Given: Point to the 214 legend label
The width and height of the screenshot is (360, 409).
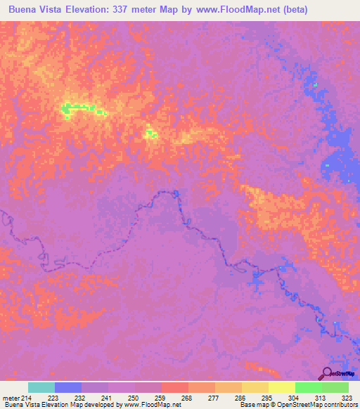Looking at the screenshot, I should [28, 397].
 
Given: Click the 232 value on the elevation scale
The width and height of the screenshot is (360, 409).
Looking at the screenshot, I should [81, 397].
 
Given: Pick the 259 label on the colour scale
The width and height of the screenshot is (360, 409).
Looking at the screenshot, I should [160, 397].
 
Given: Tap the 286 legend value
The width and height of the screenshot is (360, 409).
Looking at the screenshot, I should [241, 397].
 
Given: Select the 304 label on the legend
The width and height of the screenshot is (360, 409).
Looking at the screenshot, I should [295, 397].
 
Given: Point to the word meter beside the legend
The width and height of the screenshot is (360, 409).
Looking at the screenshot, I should [11, 397].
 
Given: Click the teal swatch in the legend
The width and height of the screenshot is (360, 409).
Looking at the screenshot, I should [41, 387].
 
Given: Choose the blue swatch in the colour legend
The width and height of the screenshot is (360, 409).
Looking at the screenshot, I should [68, 387].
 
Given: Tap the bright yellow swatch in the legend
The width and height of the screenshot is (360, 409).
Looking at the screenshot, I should [281, 387].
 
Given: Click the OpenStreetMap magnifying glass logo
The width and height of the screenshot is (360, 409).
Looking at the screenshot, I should [328, 373].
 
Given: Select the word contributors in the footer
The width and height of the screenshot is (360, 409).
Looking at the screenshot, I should [341, 405].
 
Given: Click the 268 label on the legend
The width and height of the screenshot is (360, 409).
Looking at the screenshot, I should [187, 397].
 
